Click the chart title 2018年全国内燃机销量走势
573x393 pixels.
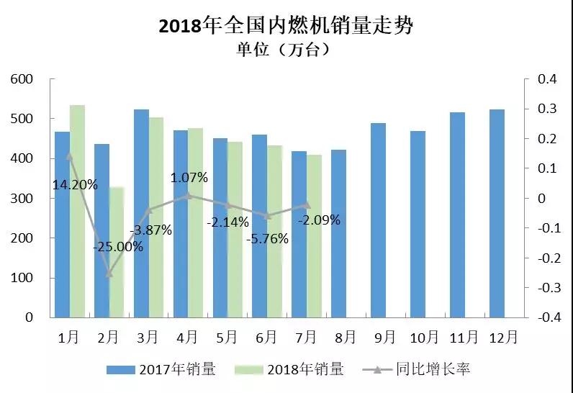coord(286,27)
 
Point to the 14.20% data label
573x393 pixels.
coord(75,184)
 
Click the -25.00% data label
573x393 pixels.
coord(118,246)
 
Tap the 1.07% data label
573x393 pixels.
coord(189,177)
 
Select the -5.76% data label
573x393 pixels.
coord(268,238)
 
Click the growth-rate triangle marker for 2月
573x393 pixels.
coord(109,273)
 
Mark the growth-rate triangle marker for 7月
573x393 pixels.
coord(307,204)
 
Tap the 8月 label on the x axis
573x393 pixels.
coord(346,336)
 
